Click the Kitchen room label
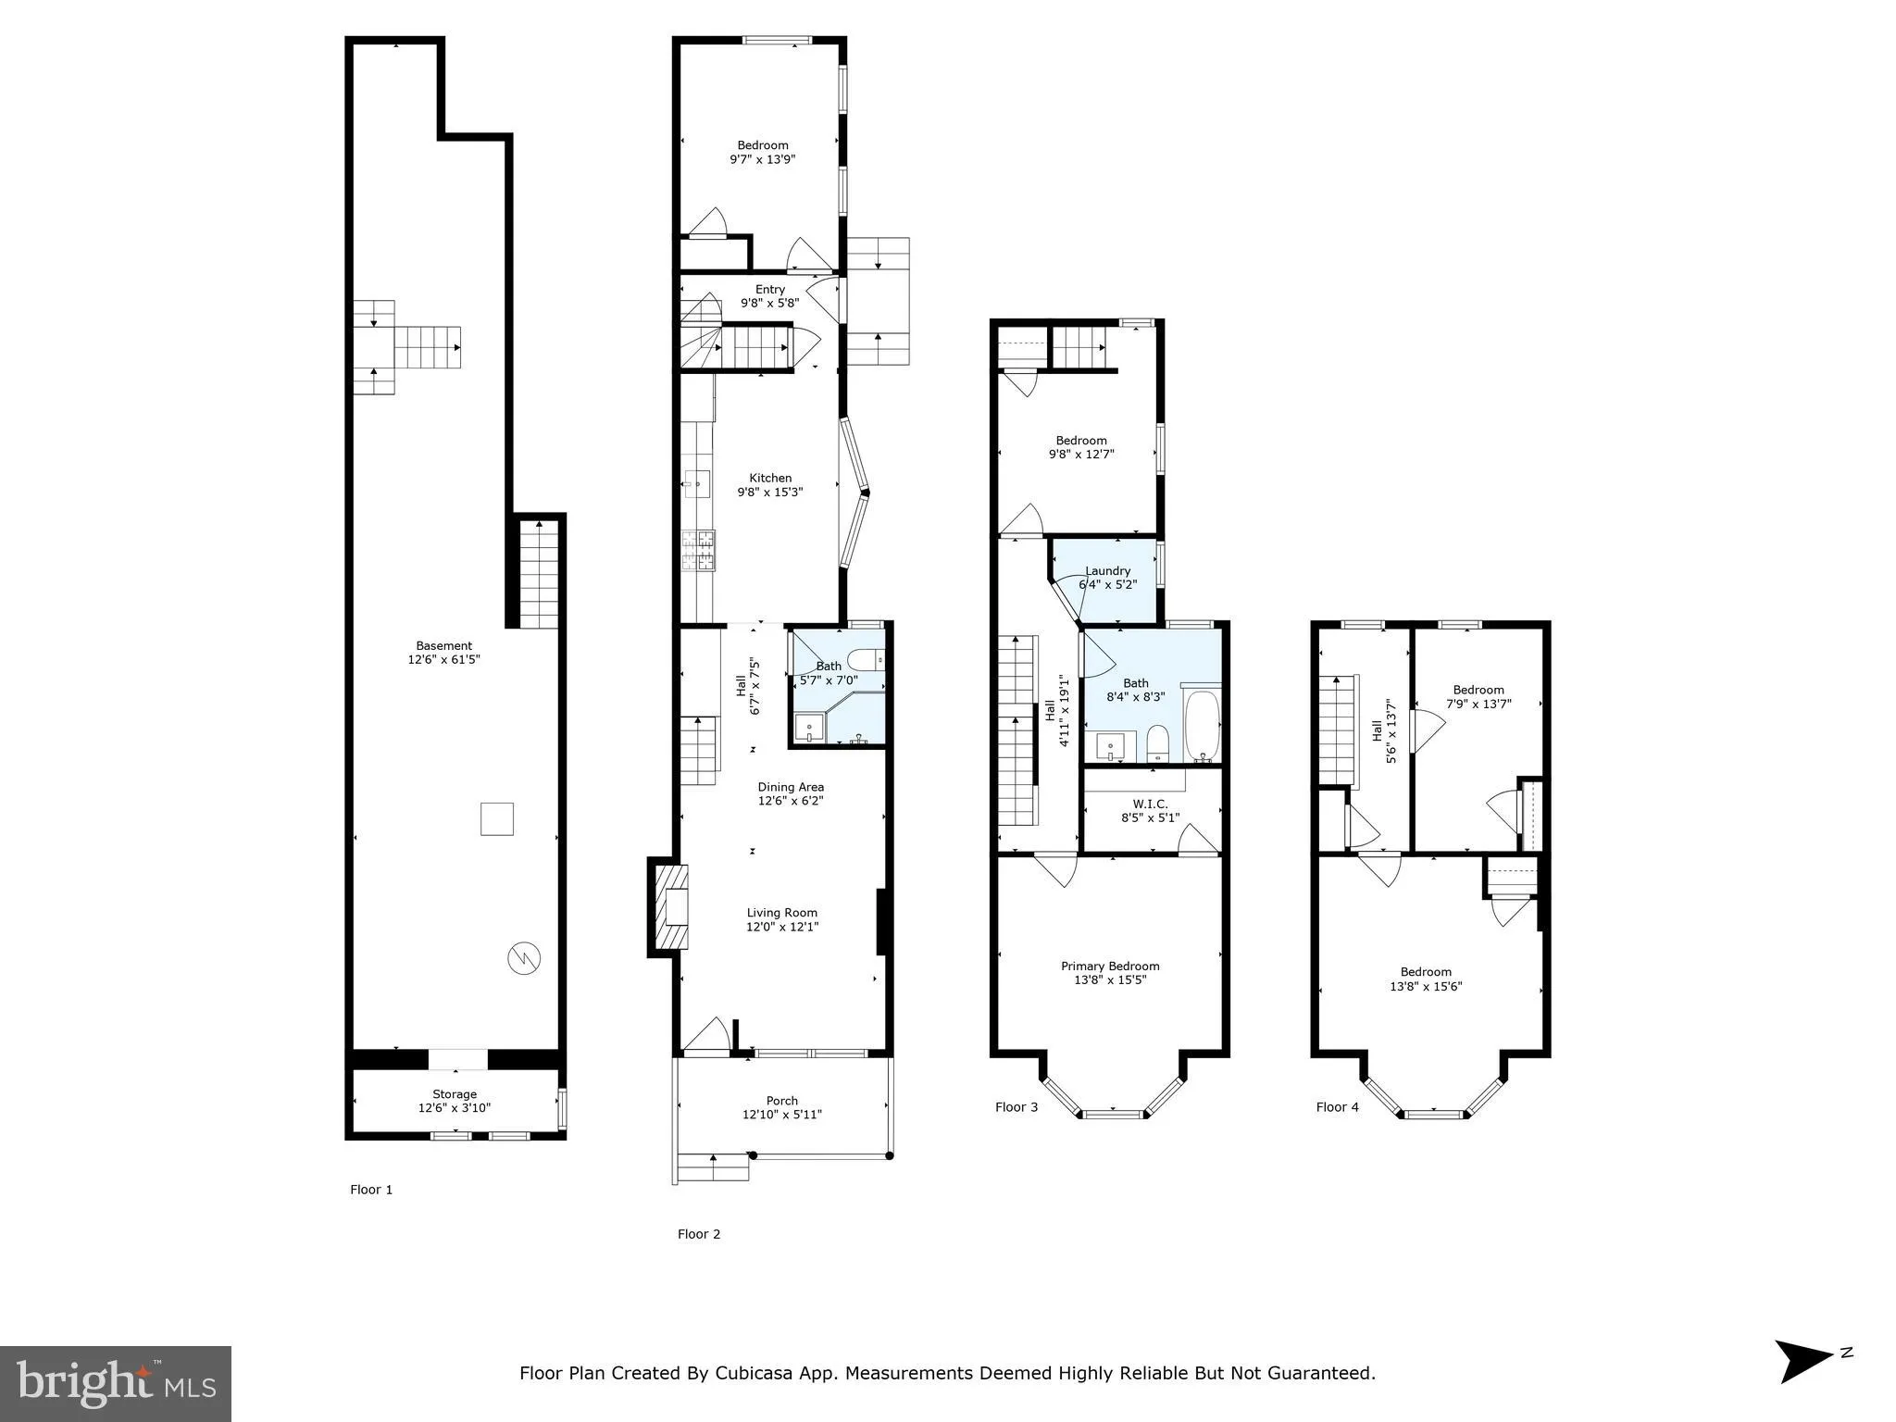770,479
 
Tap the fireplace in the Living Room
671,907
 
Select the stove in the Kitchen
699,549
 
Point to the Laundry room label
1107,571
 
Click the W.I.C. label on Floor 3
1150,804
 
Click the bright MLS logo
115,1383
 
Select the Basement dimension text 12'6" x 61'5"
443,660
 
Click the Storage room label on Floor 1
454,1094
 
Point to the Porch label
781,1101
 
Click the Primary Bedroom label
1110,966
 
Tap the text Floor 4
1337,1106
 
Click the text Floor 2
698,1234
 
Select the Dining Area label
790,787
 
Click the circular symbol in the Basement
521,958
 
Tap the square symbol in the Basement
497,818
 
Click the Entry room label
769,290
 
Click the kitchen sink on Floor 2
697,480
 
